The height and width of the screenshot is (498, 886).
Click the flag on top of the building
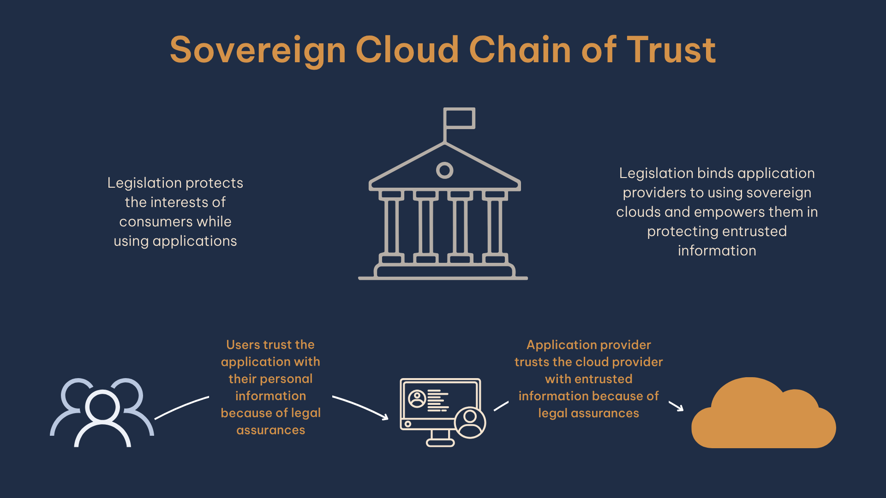click(459, 118)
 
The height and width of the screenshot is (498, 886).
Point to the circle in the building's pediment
click(444, 170)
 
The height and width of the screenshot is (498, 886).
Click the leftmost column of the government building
click(391, 226)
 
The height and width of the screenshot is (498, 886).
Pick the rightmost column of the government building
click(495, 226)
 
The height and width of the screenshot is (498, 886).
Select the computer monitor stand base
click(440, 443)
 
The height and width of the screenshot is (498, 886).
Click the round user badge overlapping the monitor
click(470, 422)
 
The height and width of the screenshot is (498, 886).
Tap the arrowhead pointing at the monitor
click(385, 417)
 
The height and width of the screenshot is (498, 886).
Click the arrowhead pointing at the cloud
click(679, 408)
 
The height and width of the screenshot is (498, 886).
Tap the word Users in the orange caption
click(243, 345)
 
